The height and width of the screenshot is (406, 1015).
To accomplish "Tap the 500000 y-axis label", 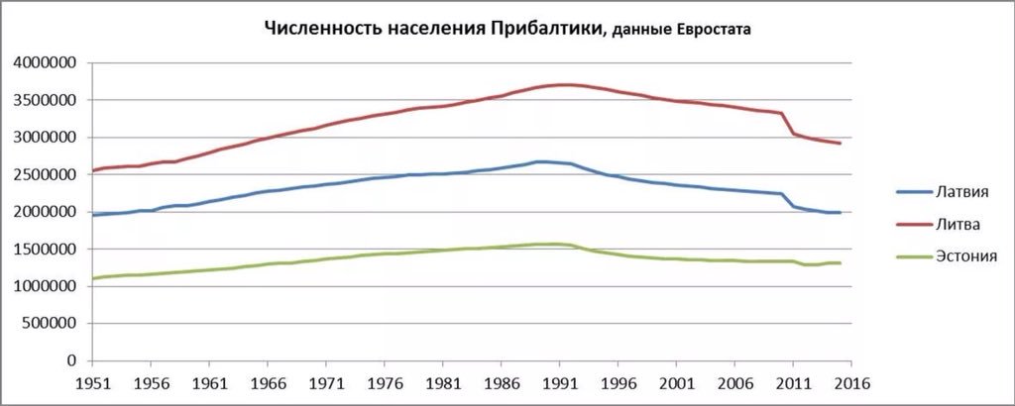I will pyautogui.click(x=50, y=324).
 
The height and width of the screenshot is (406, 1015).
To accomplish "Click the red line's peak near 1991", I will pyautogui.click(x=563, y=85).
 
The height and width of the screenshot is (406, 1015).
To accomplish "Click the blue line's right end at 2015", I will pyautogui.click(x=841, y=212).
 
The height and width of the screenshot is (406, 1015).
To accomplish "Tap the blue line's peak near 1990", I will pyautogui.click(x=539, y=161).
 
